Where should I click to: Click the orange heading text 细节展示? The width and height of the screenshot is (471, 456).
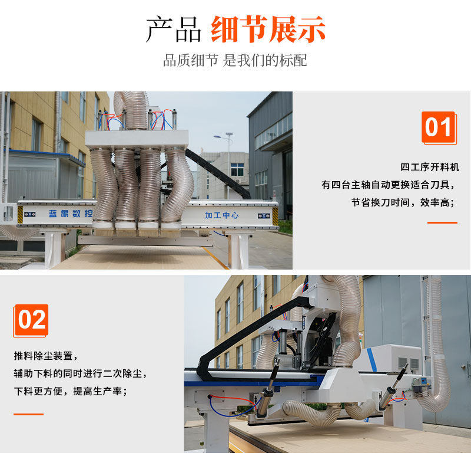click(268, 29)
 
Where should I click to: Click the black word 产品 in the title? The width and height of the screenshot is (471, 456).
click(174, 29)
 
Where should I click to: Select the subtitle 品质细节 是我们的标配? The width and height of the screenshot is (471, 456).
click(235, 60)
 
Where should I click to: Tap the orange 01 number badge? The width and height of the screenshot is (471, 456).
click(439, 127)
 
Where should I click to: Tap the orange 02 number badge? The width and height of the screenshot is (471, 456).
click(31, 320)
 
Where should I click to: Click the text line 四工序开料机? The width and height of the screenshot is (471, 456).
click(430, 167)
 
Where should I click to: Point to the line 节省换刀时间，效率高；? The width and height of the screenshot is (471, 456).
click(403, 202)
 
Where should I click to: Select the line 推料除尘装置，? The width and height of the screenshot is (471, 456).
click(46, 356)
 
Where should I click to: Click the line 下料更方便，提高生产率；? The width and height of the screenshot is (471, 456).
click(71, 391)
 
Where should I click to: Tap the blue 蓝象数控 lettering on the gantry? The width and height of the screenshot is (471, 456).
click(71, 214)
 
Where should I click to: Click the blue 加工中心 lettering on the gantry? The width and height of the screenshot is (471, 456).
click(222, 215)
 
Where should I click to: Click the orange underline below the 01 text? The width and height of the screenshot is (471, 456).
click(442, 222)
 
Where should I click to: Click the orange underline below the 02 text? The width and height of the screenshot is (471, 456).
click(28, 414)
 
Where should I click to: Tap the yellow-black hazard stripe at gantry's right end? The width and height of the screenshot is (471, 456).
click(275, 216)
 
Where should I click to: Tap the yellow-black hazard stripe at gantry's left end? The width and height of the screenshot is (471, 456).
click(20, 215)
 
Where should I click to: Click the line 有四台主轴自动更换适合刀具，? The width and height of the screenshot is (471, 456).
click(389, 185)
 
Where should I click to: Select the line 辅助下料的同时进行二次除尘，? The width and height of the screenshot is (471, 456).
click(80, 373)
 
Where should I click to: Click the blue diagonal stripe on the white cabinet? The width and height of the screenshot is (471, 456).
click(372, 360)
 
